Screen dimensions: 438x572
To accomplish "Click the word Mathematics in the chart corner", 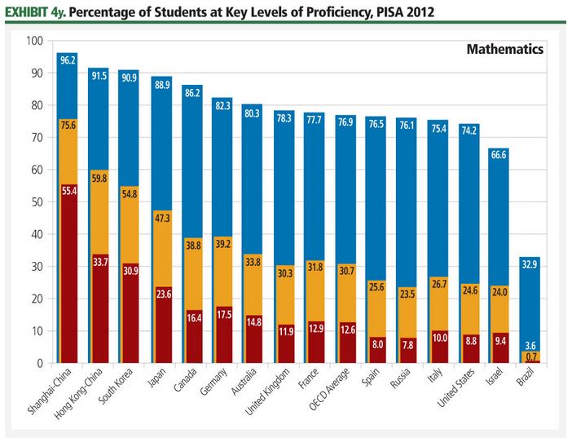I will (x=504, y=50).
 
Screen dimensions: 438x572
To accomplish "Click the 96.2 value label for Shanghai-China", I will (x=67, y=60).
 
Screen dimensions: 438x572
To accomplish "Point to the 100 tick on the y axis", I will (x=34, y=41).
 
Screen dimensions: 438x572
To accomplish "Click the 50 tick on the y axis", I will (x=37, y=202).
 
